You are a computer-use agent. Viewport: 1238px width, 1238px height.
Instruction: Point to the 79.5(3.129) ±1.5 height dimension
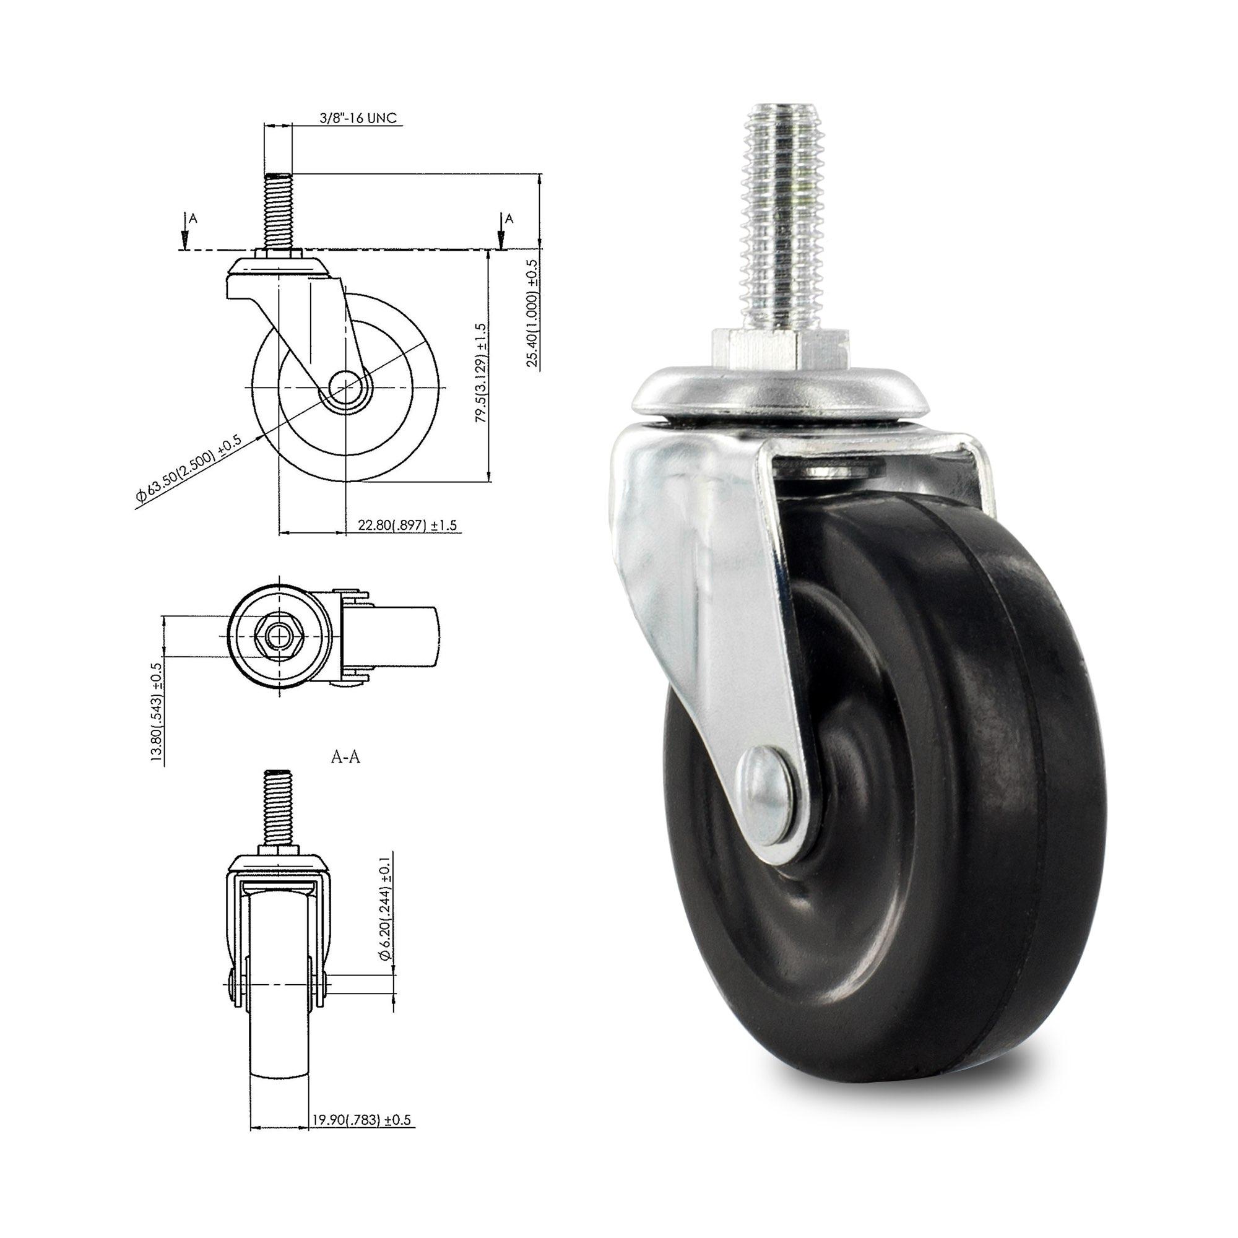481,372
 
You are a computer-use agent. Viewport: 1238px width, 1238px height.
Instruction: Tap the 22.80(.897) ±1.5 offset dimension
407,525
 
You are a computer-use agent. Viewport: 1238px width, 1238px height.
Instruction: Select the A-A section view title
345,758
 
